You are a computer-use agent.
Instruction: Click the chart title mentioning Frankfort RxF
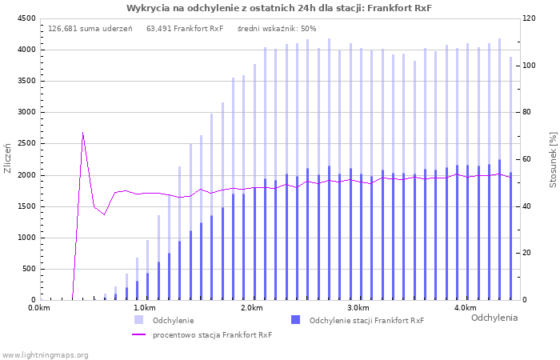[x=279, y=8]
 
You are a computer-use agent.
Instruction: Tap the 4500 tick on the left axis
[x=26, y=18]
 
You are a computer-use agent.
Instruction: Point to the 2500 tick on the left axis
[x=26, y=144]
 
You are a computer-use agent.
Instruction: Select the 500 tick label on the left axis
[x=28, y=270]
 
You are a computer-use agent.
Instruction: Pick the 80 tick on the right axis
[x=529, y=113]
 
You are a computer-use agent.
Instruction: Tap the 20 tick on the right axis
[x=529, y=254]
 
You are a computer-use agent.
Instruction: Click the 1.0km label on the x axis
[x=144, y=308]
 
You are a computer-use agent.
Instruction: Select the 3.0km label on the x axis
[x=358, y=308]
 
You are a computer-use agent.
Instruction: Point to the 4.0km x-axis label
[x=465, y=308]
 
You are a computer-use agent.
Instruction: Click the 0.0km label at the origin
[x=39, y=308]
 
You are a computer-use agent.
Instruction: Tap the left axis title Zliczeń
[x=8, y=158]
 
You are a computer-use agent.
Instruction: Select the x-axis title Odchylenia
[x=494, y=318]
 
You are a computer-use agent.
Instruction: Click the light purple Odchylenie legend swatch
[x=138, y=320]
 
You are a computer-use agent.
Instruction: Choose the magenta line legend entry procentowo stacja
[x=212, y=334]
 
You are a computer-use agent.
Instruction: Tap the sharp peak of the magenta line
[x=82, y=133]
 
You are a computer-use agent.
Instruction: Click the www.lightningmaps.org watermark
[x=45, y=354]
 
